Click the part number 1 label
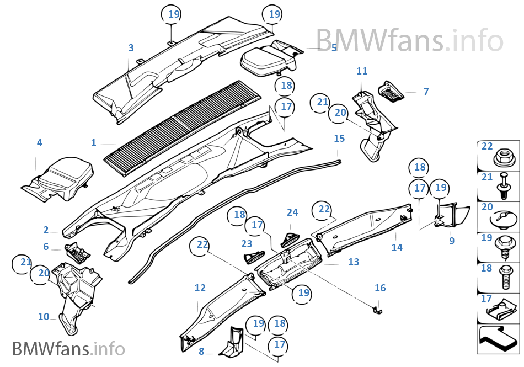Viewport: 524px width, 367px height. point(94,143)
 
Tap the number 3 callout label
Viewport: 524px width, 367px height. point(131,48)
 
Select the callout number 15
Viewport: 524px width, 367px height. point(339,138)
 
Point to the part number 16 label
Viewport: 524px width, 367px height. point(380,288)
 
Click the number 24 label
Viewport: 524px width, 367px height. point(292,212)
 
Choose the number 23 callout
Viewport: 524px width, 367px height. point(247,243)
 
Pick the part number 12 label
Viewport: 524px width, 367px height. point(200,288)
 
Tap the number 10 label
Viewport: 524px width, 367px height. point(44,317)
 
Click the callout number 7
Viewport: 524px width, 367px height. point(426,92)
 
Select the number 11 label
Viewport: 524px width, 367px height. point(362,71)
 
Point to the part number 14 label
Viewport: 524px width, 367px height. point(397,248)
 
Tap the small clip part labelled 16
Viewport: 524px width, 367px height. point(378,307)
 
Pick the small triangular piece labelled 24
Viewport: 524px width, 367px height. point(290,239)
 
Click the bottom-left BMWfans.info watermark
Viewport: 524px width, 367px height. point(68,349)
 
